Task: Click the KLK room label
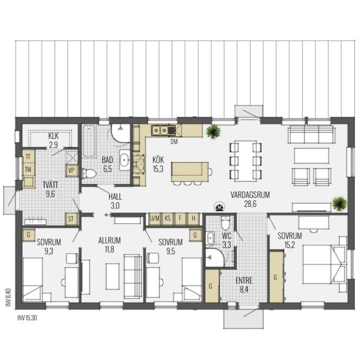pyautogui.click(x=53, y=136)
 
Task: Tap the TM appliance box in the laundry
pyautogui.click(x=28, y=169)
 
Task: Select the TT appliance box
pyautogui.click(x=28, y=157)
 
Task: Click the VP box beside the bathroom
pyautogui.click(x=71, y=170)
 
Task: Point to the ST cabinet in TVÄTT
pyautogui.click(x=71, y=219)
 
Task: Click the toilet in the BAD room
pyautogui.click(x=89, y=173)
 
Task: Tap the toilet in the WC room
pyautogui.click(x=226, y=223)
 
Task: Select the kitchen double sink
pyautogui.click(x=160, y=130)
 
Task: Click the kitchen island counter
pyautogui.click(x=190, y=172)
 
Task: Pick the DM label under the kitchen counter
pyautogui.click(x=174, y=142)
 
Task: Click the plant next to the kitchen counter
pyautogui.click(x=214, y=132)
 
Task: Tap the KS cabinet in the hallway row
pyautogui.click(x=168, y=218)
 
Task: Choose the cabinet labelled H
pyautogui.click(x=193, y=218)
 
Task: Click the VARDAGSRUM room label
pyautogui.click(x=250, y=195)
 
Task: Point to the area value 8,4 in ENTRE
pyautogui.click(x=244, y=290)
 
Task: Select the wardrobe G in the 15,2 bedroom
pyautogui.click(x=276, y=277)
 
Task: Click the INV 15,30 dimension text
pyautogui.click(x=27, y=318)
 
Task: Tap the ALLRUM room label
pyautogui.click(x=110, y=240)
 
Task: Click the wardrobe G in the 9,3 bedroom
pyautogui.click(x=29, y=235)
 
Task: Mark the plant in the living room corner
pyautogui.click(x=340, y=204)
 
